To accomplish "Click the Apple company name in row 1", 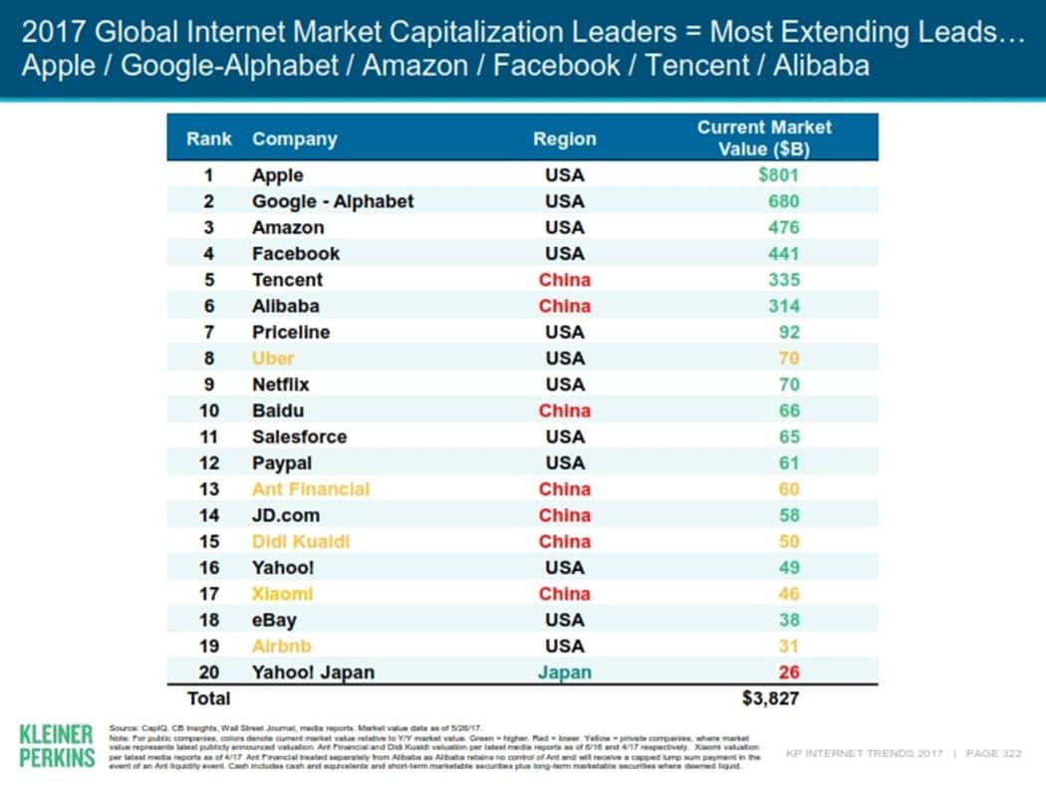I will (277, 175).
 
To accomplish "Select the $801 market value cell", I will (778, 175).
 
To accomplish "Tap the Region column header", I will (564, 139).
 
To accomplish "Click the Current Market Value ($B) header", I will (764, 137).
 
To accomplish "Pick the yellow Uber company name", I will (273, 358).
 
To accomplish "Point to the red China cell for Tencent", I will (564, 280).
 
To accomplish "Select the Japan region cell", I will (564, 671).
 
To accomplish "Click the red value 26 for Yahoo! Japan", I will (788, 671).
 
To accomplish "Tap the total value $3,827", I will (771, 698).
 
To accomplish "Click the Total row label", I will (208, 698).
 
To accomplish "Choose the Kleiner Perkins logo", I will (57, 746).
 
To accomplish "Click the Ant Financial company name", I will (310, 489).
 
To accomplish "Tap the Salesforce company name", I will (299, 436).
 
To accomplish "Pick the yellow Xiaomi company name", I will (282, 594).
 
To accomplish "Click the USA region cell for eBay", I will (564, 620).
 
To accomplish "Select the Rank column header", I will (208, 139).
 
